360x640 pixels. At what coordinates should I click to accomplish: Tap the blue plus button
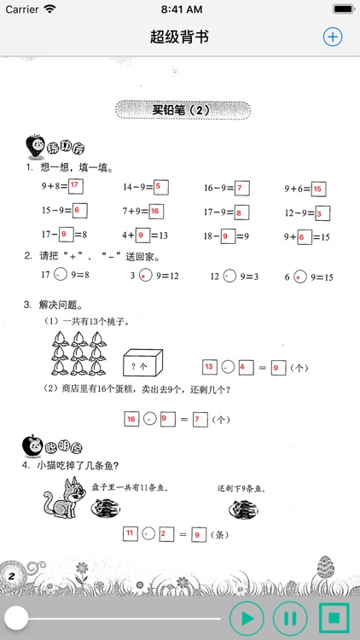[332, 37]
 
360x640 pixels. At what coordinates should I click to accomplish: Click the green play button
[247, 617]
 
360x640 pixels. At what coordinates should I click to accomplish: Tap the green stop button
[332, 617]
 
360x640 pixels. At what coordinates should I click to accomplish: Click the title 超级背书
[179, 37]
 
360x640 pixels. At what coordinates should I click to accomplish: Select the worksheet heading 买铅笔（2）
[181, 109]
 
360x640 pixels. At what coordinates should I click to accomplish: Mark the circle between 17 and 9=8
[59, 275]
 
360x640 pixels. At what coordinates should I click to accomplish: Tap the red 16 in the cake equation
[132, 419]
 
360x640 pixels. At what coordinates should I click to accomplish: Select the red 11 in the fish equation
[131, 533]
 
